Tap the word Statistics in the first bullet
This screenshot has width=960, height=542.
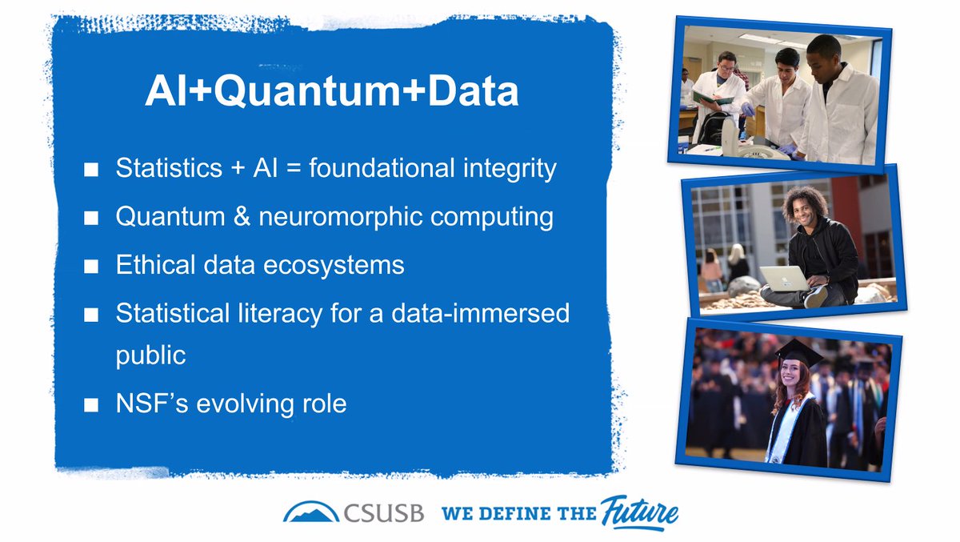167,170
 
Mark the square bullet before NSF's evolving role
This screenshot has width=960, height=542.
91,404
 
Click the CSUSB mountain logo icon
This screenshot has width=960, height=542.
310,511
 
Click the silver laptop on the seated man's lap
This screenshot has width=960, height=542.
785,278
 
